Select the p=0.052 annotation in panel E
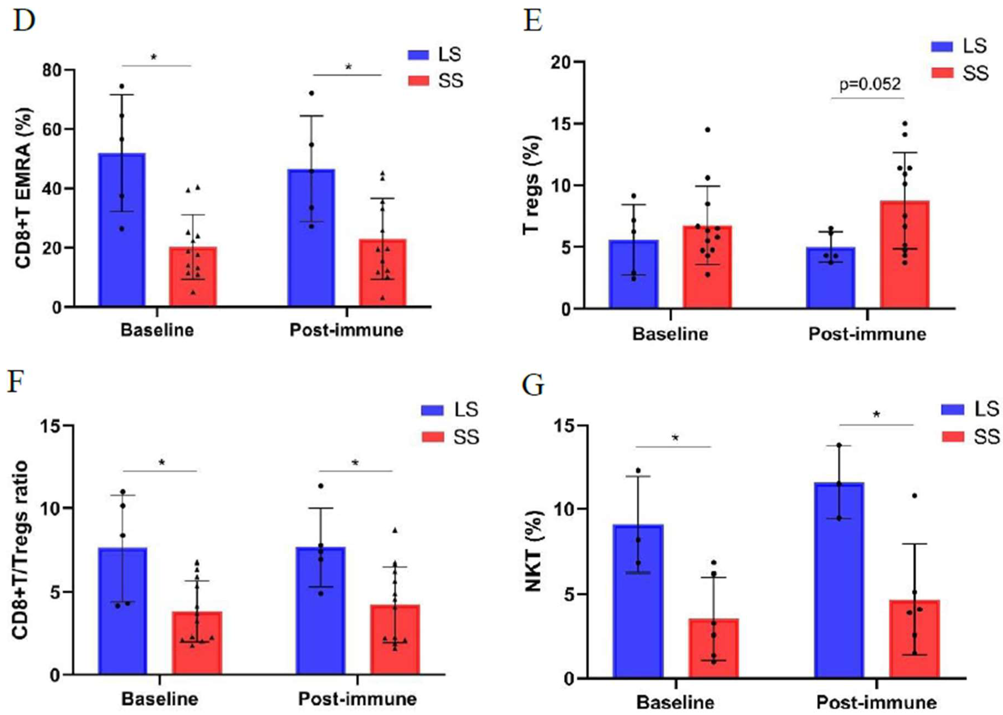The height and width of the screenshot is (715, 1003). [x=870, y=84]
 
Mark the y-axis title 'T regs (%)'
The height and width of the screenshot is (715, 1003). [x=532, y=185]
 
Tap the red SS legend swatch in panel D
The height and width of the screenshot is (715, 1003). [x=418, y=81]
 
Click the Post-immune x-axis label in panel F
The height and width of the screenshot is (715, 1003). [x=357, y=699]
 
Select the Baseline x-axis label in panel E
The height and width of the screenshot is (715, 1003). [x=670, y=334]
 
